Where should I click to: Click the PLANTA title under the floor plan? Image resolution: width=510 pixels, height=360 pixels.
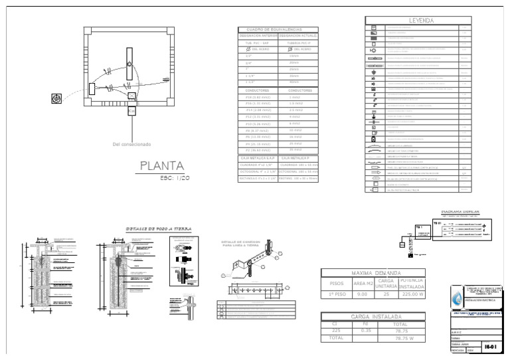pyautogui.click(x=161, y=165)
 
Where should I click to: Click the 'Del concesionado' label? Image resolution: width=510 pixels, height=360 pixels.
pyautogui.click(x=132, y=144)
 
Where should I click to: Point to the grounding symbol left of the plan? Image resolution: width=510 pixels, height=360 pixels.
pyautogui.click(x=56, y=99)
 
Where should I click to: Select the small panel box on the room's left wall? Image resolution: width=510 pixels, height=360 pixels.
pyautogui.click(x=92, y=89)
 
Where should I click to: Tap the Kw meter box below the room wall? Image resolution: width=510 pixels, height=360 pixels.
pyautogui.click(x=131, y=110)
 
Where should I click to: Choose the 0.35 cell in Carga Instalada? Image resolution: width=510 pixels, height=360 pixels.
pyautogui.click(x=365, y=330)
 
